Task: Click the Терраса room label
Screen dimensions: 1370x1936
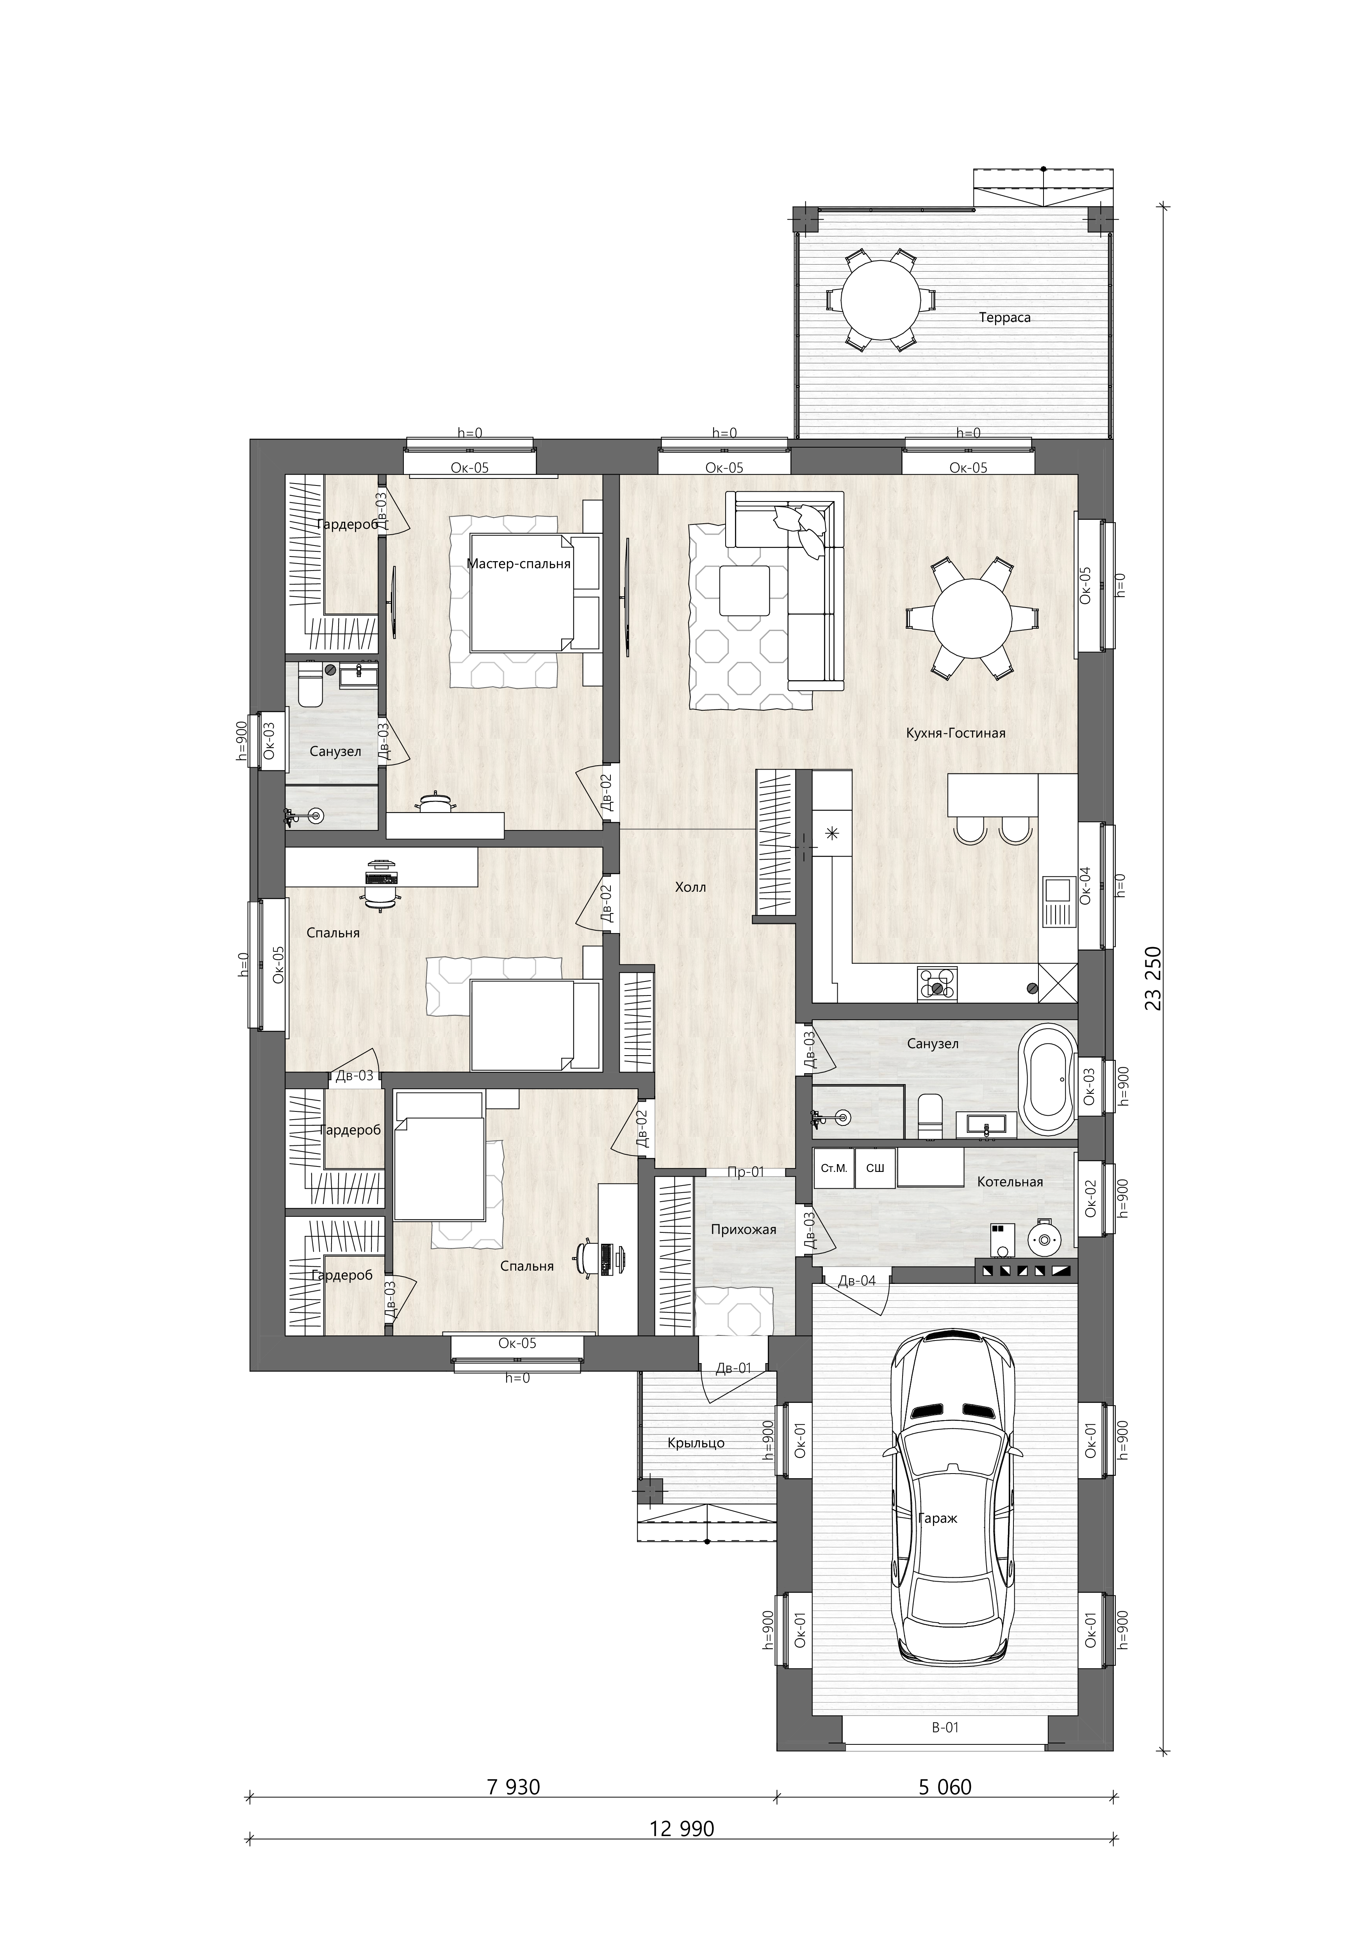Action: (1005, 318)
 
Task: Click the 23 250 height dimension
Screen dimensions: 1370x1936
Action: (1155, 978)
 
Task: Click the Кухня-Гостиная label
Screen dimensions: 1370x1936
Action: (956, 733)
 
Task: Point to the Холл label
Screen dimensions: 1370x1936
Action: (690, 887)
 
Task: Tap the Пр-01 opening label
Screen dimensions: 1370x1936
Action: (746, 1171)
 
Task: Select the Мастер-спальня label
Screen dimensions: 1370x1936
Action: (519, 564)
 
